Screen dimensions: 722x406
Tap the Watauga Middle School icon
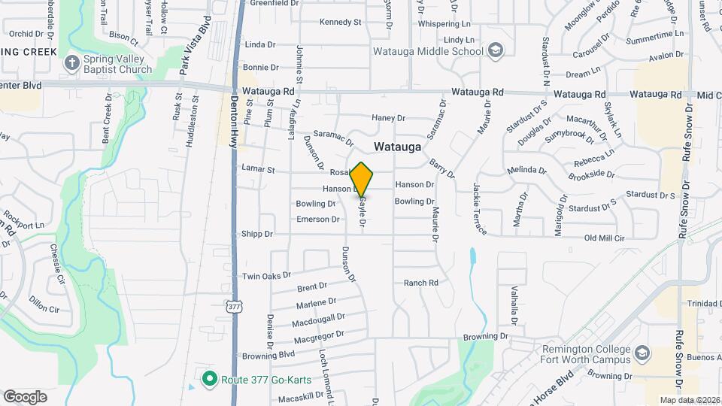(495, 51)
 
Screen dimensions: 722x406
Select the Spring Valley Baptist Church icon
(71, 63)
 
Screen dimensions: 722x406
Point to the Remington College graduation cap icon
(642, 353)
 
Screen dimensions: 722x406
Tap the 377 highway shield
(235, 307)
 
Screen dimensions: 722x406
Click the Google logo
(25, 396)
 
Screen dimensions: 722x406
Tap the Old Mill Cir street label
(605, 238)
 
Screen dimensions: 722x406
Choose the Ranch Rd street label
(420, 283)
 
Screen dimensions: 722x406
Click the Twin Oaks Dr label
(266, 276)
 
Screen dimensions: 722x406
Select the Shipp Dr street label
(256, 234)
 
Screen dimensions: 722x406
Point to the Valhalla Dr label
(514, 304)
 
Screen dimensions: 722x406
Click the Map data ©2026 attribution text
(690, 400)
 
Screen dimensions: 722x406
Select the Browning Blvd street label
(266, 355)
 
